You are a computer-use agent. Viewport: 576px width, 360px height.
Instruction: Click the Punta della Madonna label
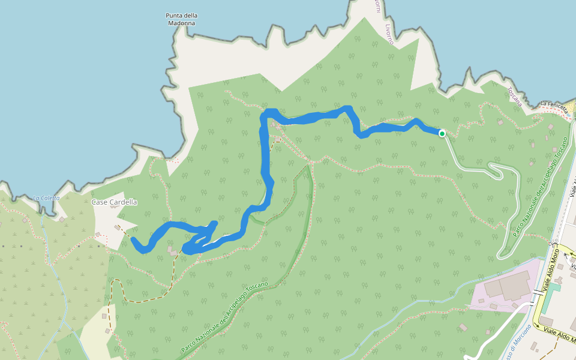pyautogui.click(x=182, y=19)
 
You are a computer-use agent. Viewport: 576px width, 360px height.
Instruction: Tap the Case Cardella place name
pyautogui.click(x=114, y=202)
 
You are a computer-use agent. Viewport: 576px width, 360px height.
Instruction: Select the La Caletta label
pyautogui.click(x=46, y=197)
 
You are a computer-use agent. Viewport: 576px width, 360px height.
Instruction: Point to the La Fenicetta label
pyautogui.click(x=553, y=104)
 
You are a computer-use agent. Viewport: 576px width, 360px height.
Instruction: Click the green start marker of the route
pyautogui.click(x=442, y=133)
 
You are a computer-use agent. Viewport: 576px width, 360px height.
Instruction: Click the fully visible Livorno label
pyautogui.click(x=389, y=34)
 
